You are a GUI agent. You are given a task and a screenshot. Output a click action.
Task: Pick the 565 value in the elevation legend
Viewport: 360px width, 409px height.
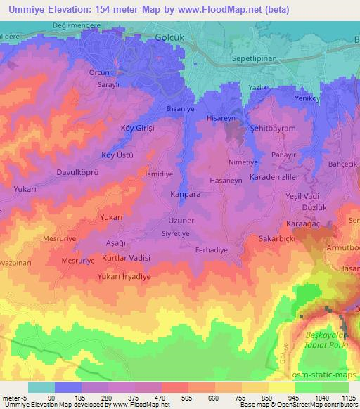[x=174, y=397]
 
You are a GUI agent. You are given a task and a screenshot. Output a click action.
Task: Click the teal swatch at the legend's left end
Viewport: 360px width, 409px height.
[x=41, y=387]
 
